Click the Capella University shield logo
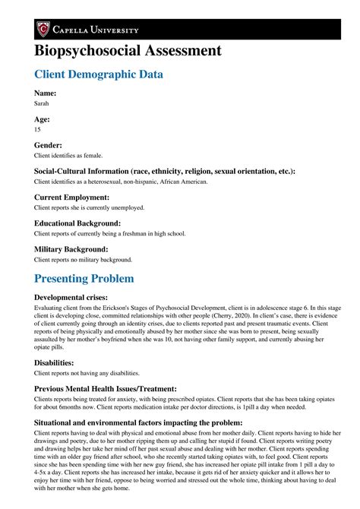click(44, 30)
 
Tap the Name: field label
click(46, 93)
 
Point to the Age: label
click(43, 119)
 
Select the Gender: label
click(51, 144)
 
